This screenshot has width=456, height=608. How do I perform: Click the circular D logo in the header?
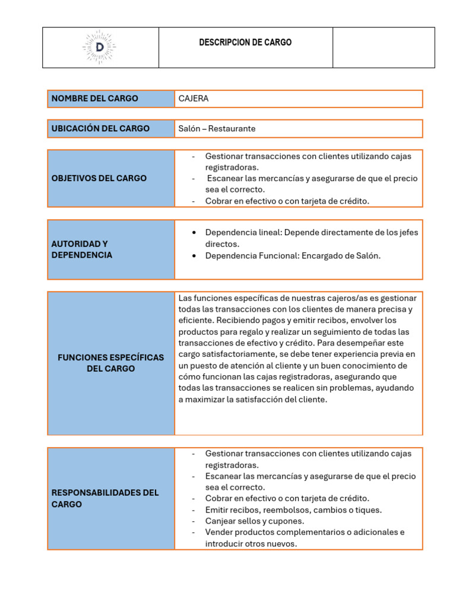[100, 47]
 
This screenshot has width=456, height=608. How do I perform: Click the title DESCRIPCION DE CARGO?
[245, 43]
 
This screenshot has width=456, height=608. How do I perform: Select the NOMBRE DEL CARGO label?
[95, 99]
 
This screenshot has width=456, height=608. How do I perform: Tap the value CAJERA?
[194, 99]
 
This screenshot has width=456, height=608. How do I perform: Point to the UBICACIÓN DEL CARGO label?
[100, 128]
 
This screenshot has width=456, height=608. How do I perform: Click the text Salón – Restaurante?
[217, 128]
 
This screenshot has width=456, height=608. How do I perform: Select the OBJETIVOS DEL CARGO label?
[99, 178]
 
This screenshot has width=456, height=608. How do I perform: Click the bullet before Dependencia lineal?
[195, 233]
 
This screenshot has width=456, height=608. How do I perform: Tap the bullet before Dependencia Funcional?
[195, 256]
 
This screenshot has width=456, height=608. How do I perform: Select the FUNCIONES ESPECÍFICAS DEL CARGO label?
[110, 363]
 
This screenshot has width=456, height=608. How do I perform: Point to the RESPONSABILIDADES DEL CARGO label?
[105, 498]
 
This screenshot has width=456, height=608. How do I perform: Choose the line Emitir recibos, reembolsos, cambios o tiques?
[293, 509]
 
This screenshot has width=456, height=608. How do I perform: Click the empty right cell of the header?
[384, 47]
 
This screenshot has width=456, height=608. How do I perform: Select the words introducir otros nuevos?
[251, 543]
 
